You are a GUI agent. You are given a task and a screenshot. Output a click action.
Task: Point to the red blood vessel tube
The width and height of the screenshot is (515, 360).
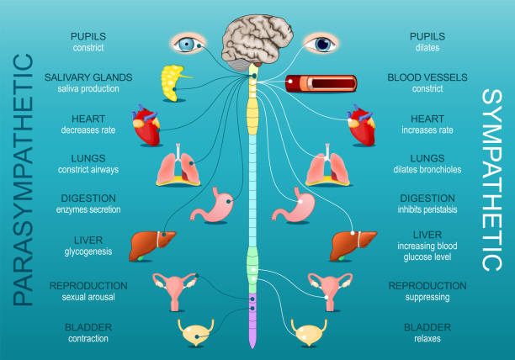321,83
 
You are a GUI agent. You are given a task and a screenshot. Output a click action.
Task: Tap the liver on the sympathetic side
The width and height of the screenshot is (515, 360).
348,246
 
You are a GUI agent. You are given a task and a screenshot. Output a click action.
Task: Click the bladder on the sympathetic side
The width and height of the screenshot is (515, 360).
311,332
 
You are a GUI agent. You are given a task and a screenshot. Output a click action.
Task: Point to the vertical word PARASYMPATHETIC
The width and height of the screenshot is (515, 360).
25,180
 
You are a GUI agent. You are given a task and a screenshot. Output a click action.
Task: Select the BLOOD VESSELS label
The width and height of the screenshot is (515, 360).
427,77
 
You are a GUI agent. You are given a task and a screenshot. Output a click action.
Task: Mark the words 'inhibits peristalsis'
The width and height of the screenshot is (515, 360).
427,209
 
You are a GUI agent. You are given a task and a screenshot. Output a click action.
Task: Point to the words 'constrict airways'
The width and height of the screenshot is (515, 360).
88,170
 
